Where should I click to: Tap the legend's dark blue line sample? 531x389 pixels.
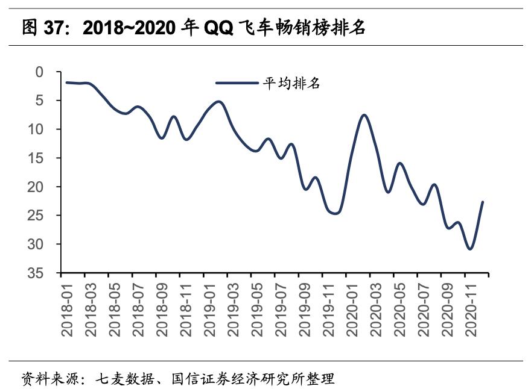click(x=237, y=84)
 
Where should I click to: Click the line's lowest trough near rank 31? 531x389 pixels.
click(x=470, y=249)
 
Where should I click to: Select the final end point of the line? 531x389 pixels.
click(x=483, y=202)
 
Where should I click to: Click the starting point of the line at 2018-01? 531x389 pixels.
click(x=66, y=82)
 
